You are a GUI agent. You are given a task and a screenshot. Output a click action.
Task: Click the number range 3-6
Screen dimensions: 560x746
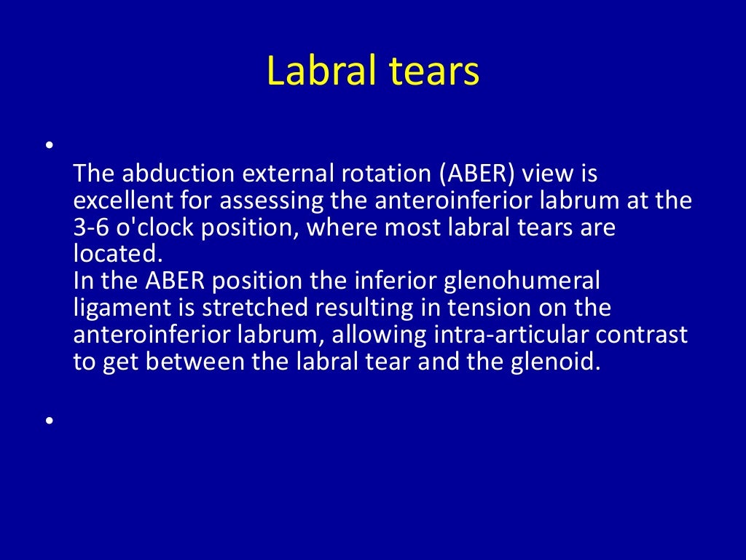(x=90, y=227)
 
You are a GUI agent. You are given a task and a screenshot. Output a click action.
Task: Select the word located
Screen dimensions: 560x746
(x=117, y=254)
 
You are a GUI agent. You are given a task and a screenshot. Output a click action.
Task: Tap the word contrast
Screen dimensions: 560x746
(x=635, y=335)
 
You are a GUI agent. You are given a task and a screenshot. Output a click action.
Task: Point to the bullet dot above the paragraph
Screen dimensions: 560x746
(x=49, y=145)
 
